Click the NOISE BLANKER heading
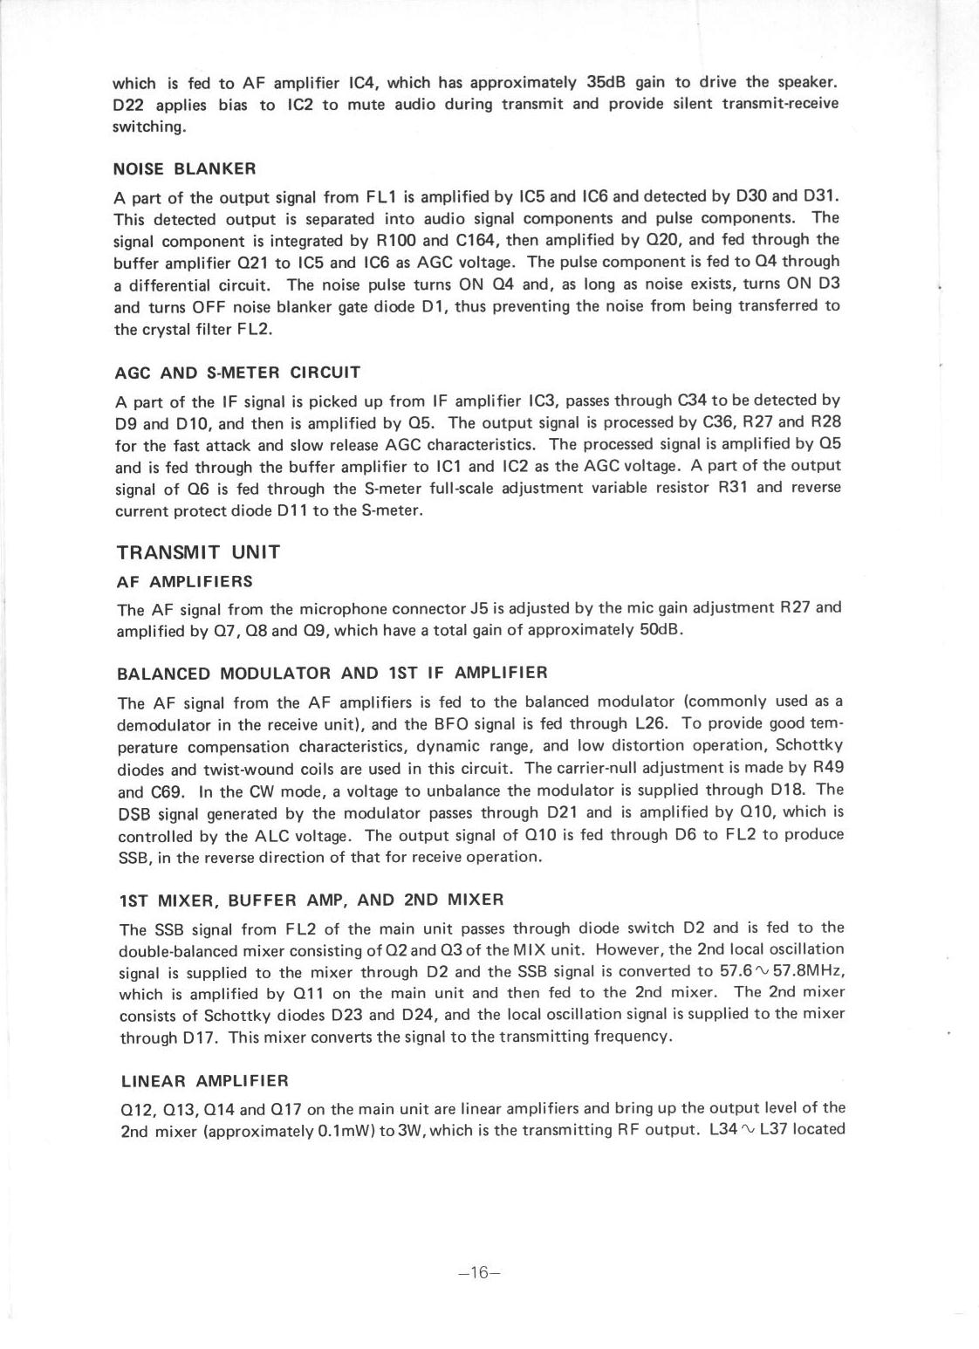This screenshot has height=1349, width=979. coord(185,168)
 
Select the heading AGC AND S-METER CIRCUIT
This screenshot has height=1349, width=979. coord(237,373)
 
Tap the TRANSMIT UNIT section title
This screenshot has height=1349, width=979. coord(198,552)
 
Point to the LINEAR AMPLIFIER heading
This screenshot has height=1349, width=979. coord(204,1081)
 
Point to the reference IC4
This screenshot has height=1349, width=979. coord(361,84)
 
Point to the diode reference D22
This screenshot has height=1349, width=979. coord(132,106)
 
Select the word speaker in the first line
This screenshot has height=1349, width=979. coord(807,83)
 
